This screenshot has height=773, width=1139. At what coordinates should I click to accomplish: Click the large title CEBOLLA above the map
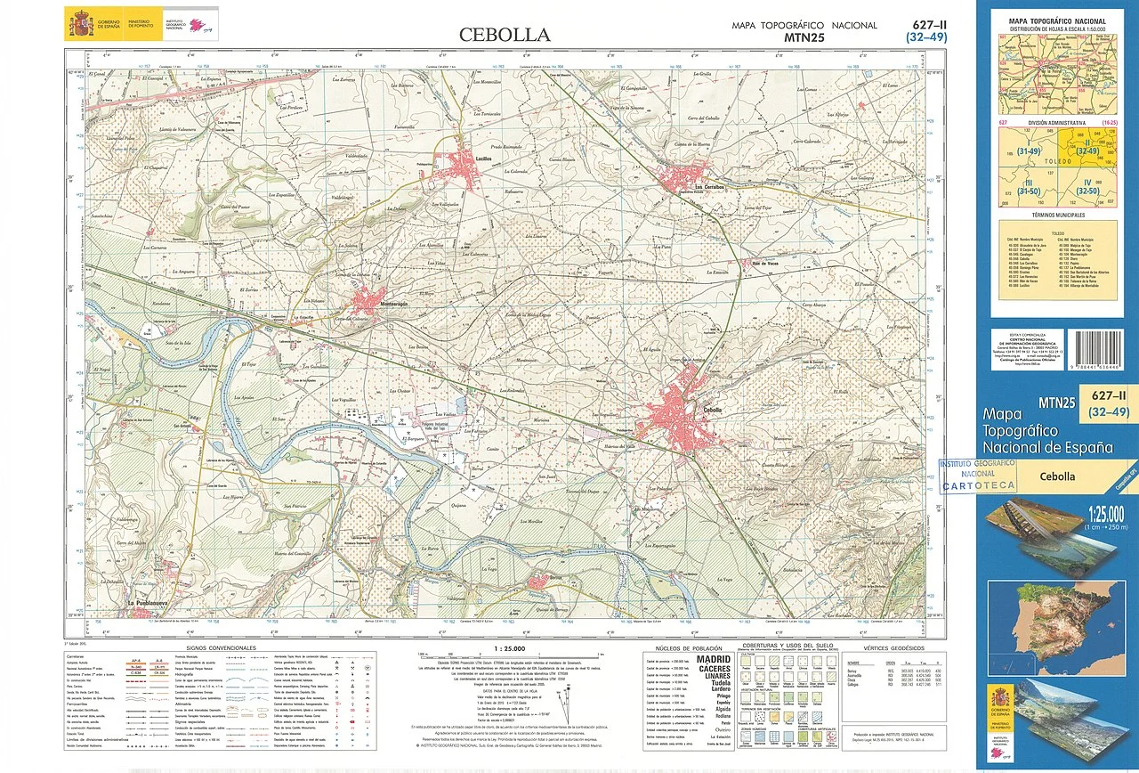click(505, 36)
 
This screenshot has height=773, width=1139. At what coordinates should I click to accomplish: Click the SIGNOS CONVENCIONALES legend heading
click(221, 647)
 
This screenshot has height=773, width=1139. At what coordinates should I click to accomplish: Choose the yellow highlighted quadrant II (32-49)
click(1086, 149)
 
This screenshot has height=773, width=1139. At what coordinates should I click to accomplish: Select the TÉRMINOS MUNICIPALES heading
click(1057, 216)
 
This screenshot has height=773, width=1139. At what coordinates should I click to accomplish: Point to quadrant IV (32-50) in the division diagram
click(1086, 188)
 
